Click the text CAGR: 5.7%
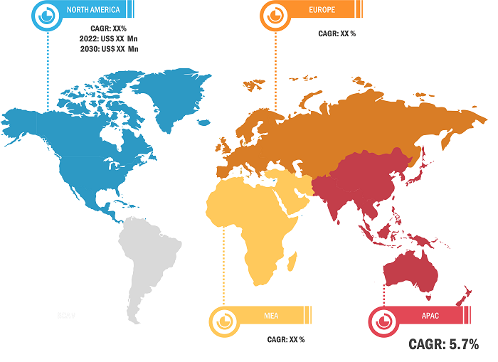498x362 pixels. pyautogui.click(x=443, y=345)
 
